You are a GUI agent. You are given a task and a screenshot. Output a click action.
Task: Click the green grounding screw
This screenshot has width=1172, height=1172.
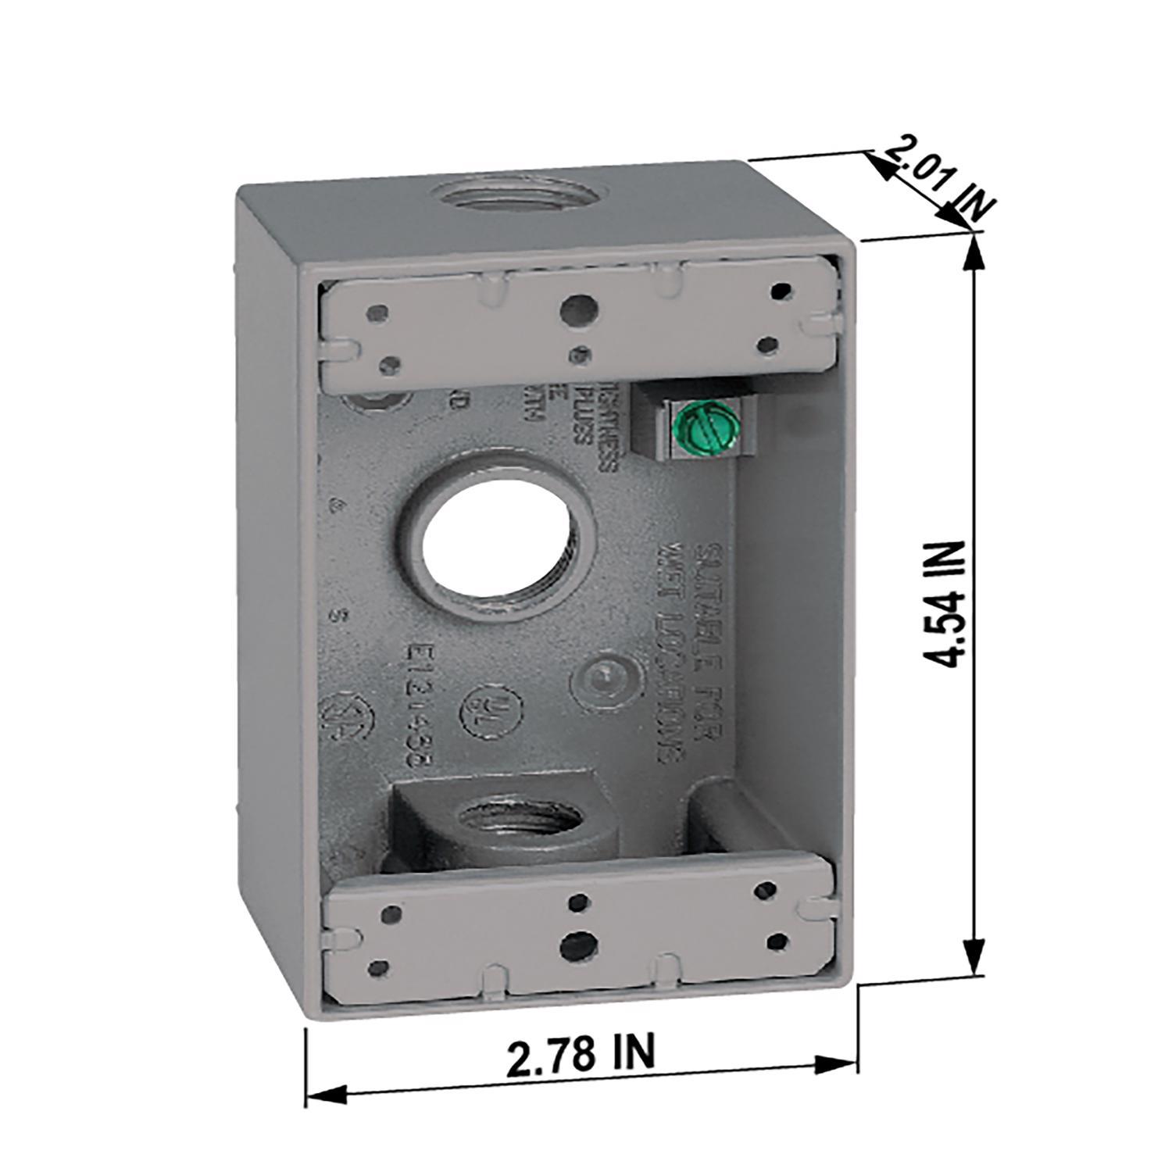(x=700, y=428)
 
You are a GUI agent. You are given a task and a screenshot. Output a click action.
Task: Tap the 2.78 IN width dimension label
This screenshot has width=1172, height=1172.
(x=580, y=1056)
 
